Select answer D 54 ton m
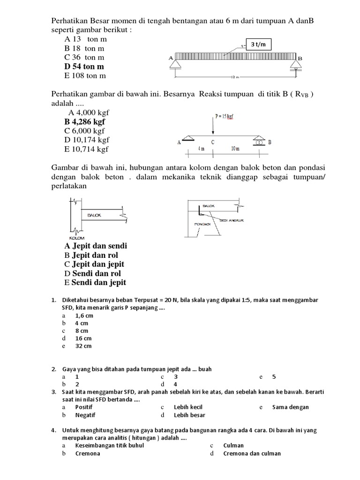click(x=84, y=67)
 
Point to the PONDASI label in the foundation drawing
click(x=202, y=225)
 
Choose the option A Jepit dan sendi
click(x=96, y=246)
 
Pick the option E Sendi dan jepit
click(x=95, y=282)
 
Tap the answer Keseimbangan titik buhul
click(x=109, y=445)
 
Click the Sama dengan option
click(x=290, y=407)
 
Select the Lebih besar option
click(x=189, y=415)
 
